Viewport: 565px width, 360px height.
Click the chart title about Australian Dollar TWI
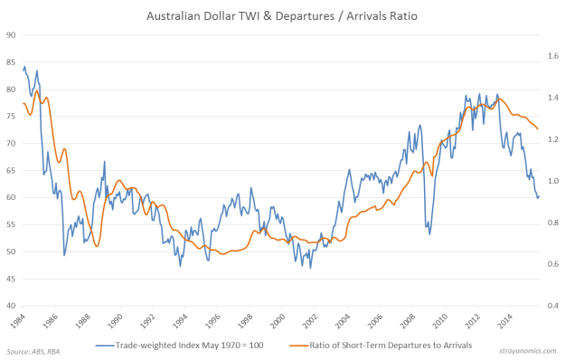(282, 15)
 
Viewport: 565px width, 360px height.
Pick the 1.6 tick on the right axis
(551, 56)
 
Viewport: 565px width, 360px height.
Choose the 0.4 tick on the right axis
(551, 306)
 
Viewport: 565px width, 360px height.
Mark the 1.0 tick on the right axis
(551, 181)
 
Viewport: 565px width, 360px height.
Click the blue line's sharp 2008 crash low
(429, 234)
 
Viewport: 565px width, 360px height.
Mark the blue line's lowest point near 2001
(310, 267)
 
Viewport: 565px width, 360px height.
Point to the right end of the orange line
(538, 129)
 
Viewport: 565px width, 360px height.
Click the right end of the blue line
(539, 196)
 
